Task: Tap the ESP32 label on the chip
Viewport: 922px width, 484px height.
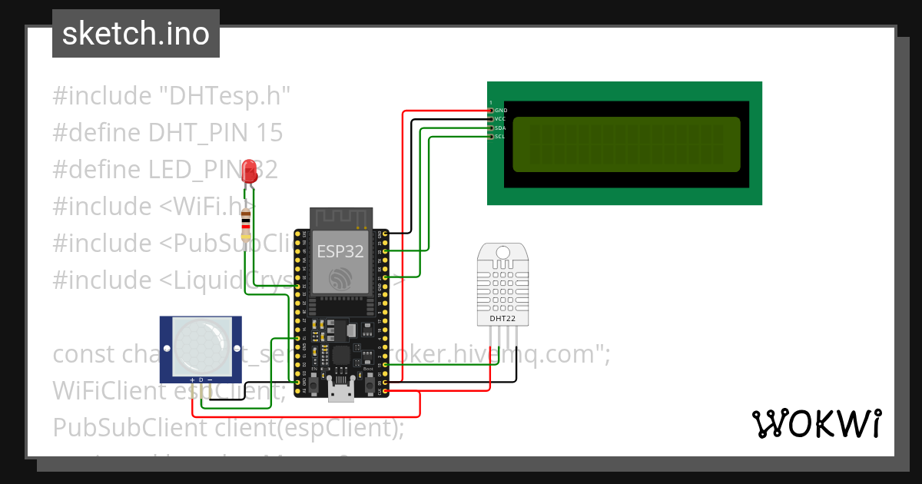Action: (340, 251)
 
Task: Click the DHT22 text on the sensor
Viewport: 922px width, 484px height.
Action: (503, 317)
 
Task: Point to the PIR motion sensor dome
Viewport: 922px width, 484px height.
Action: (200, 346)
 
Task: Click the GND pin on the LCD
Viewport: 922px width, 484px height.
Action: (492, 111)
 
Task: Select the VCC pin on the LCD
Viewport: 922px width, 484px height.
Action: (492, 119)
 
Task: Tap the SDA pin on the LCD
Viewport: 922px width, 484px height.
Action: (492, 128)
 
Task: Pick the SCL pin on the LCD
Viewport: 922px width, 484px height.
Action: (492, 137)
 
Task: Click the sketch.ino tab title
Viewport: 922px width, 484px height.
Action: (136, 34)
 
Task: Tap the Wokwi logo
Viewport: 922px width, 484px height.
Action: (816, 424)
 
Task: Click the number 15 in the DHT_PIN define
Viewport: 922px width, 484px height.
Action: (266, 133)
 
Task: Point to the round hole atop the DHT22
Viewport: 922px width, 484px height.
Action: (503, 252)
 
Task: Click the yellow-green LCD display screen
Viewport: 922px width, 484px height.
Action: (625, 144)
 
